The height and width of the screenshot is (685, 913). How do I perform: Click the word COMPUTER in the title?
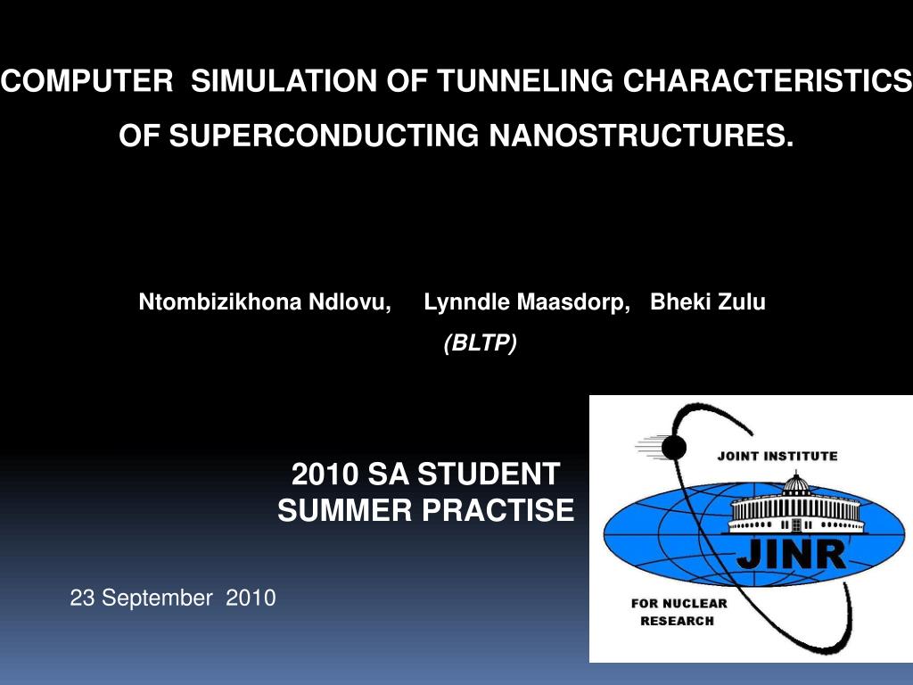pyautogui.click(x=87, y=80)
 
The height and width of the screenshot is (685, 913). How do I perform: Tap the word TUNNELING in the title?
pyautogui.click(x=526, y=80)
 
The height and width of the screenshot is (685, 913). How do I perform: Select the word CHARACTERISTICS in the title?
pyautogui.click(x=768, y=80)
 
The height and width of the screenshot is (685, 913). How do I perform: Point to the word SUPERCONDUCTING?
pyautogui.click(x=324, y=136)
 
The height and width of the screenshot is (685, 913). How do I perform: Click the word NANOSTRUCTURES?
pyautogui.click(x=641, y=136)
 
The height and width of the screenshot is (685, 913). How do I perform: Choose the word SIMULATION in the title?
pyautogui.click(x=284, y=80)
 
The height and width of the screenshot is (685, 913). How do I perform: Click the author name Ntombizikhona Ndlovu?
pyautogui.click(x=264, y=301)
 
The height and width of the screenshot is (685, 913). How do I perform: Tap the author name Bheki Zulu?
pyautogui.click(x=707, y=301)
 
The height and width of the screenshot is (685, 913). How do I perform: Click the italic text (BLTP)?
pyautogui.click(x=481, y=342)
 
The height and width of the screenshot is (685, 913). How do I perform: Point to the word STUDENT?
pyautogui.click(x=489, y=474)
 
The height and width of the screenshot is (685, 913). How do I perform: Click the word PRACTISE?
pyautogui.click(x=498, y=509)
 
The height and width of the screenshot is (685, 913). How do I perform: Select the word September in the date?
pyautogui.click(x=157, y=598)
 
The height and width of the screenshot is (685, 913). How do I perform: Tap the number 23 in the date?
pyautogui.click(x=82, y=598)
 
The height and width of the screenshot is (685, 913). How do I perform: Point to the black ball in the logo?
pyautogui.click(x=674, y=448)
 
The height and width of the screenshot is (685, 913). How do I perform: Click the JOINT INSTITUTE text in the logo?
pyautogui.click(x=777, y=456)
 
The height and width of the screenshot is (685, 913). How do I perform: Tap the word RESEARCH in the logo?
pyautogui.click(x=678, y=621)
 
